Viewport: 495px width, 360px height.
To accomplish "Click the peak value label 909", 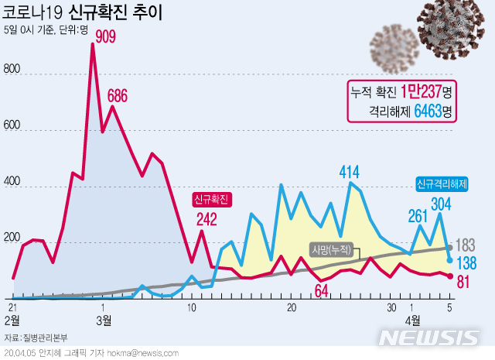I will (x=108, y=36).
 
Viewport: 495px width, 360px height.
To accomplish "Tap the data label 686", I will (x=128, y=96).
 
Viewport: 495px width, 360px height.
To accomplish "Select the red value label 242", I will (x=206, y=220).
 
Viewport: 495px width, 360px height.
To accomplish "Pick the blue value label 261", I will (x=418, y=215).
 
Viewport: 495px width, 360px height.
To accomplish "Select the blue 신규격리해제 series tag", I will (x=442, y=184).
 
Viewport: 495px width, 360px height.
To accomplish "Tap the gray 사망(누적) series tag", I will (x=332, y=250).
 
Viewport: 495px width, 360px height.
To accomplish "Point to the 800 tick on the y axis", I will (x=12, y=68).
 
